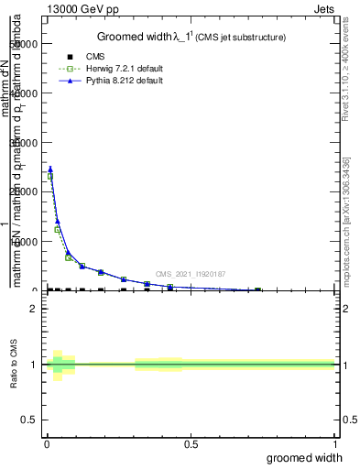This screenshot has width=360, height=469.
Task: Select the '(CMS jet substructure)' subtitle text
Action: coord(240,38)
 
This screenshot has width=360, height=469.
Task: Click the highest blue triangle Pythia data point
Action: coord(50,169)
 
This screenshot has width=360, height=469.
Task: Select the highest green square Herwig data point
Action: coord(50,177)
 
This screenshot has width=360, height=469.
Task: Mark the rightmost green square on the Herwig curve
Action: coord(257,290)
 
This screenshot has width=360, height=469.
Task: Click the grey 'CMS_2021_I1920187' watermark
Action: coord(191,274)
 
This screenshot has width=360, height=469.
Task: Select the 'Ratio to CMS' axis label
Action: coord(15,365)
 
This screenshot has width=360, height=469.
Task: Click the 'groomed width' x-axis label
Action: coord(305,457)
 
